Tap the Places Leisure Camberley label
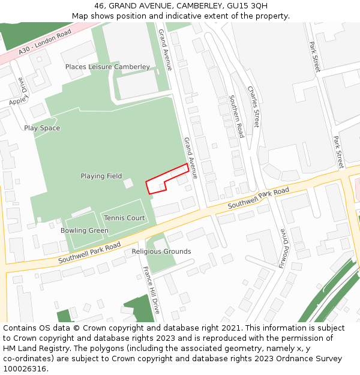[107, 67]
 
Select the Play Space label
[42, 128]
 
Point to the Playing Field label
[101, 176]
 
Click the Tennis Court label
[124, 218]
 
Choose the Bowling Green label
[85, 230]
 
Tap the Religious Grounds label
[161, 251]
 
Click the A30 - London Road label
[45, 42]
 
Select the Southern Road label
[237, 116]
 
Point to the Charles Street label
[254, 107]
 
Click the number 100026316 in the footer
[26, 369]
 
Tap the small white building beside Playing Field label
[128, 183]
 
